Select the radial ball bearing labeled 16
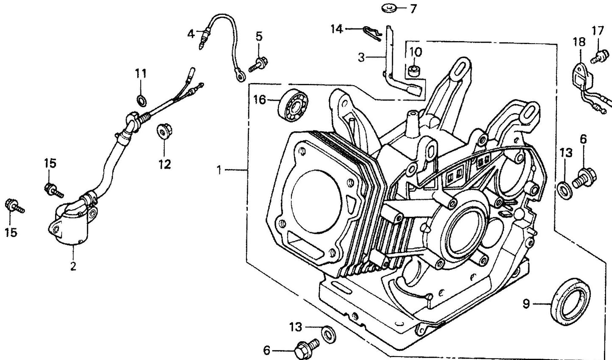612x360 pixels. (x=295, y=104)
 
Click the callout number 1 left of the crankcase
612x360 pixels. (x=219, y=170)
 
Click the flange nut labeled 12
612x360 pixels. (x=162, y=131)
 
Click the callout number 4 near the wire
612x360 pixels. (x=191, y=33)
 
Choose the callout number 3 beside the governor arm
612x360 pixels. (x=361, y=57)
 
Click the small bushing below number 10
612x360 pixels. (x=415, y=70)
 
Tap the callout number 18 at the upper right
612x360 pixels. (x=579, y=42)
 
